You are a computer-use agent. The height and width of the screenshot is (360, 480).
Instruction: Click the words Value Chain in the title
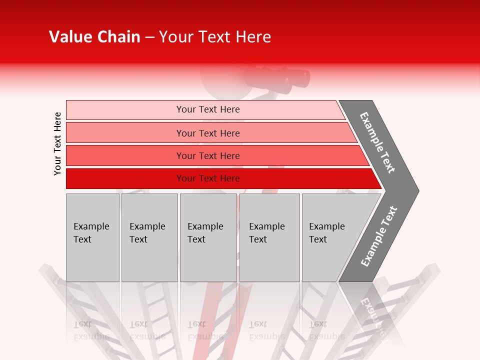coord(94,37)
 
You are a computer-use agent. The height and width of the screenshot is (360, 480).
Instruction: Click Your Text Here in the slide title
coord(215,37)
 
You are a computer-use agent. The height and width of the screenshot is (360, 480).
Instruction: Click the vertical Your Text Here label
coord(57,143)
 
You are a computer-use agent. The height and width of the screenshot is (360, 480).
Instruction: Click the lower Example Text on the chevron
coord(379,236)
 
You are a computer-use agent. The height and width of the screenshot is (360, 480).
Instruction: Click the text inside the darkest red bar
coord(208,178)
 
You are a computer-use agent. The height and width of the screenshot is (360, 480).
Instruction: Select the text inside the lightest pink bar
coord(208,109)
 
